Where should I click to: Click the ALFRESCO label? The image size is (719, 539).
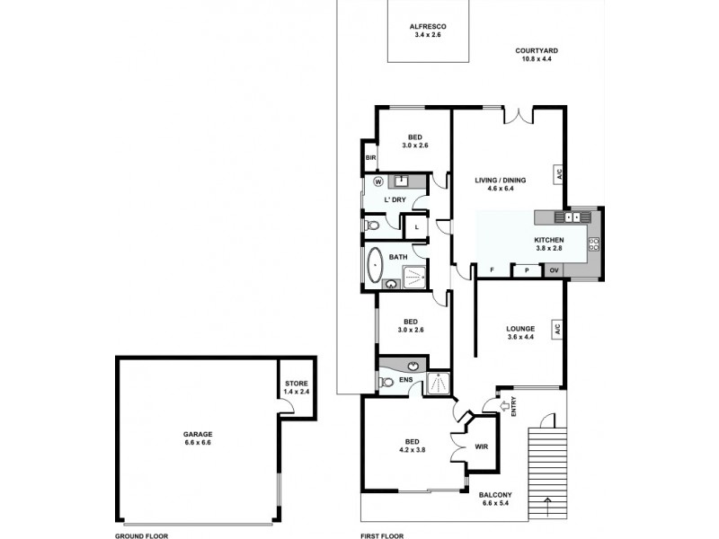click(x=428, y=27)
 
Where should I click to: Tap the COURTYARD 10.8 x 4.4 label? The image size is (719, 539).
click(x=536, y=55)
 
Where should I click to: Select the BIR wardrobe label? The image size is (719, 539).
click(x=370, y=158)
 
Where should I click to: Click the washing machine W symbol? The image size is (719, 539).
click(x=378, y=182)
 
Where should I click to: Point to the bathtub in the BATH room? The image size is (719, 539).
click(x=375, y=265)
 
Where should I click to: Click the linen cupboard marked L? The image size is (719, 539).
click(x=416, y=227)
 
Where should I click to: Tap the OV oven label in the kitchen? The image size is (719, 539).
click(x=554, y=270)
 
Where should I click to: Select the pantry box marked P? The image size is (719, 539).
click(x=527, y=270)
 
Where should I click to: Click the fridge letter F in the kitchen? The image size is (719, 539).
click(x=492, y=270)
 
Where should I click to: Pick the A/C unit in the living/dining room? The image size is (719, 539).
click(x=558, y=174)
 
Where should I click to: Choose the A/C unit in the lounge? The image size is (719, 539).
click(x=557, y=330)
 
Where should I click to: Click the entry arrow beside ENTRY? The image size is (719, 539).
click(x=503, y=406)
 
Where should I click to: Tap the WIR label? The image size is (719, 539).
click(x=482, y=446)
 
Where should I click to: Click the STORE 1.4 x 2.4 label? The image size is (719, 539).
click(x=297, y=388)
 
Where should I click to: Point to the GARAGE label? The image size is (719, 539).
click(x=198, y=434)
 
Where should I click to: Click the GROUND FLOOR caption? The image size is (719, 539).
click(x=141, y=535)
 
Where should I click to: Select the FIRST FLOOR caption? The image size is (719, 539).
click(x=382, y=535)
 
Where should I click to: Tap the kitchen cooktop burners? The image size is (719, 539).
click(x=594, y=244)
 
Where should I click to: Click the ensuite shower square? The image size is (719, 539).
click(x=439, y=384)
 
